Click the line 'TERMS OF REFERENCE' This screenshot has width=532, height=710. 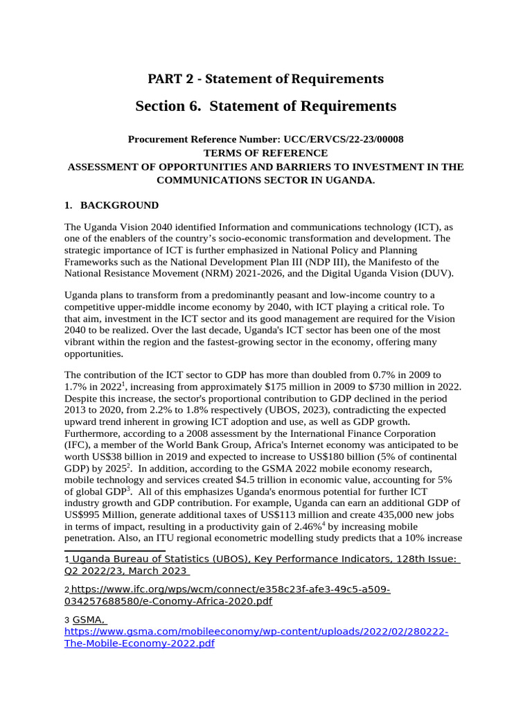click(x=265, y=153)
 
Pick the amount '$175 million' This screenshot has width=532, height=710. click(x=271, y=386)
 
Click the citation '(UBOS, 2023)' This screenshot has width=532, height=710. click(x=282, y=410)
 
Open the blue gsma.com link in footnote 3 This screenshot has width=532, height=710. click(x=256, y=638)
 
